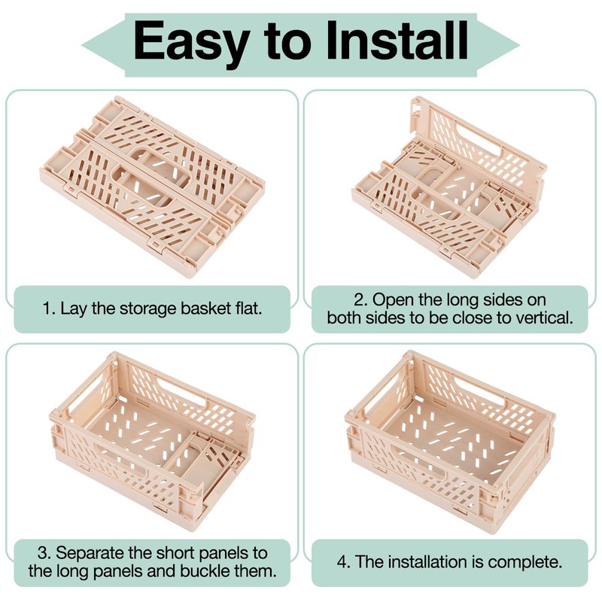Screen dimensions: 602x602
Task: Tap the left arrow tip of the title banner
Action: pos(82,45)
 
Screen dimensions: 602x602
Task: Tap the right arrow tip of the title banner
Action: pos(519,45)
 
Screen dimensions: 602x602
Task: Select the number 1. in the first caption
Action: pos(49,309)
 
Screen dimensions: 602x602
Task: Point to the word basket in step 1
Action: pos(205,309)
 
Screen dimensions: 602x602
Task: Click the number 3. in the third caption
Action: pos(44,553)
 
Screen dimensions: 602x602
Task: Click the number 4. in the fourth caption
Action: pos(344,562)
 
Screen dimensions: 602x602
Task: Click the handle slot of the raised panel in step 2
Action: pos(481,140)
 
